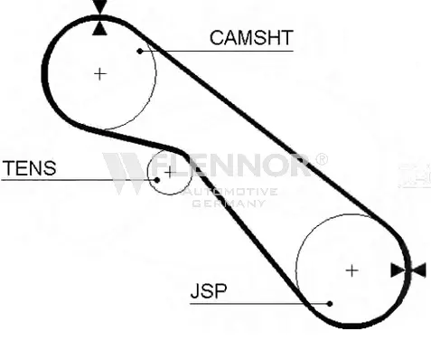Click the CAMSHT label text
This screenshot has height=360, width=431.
coord(251,38)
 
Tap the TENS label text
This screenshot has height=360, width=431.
coord(29,168)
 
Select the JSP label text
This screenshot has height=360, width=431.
coord(209,291)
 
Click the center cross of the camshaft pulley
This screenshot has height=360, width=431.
coord(100,74)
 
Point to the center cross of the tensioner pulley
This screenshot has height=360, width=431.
coord(170,173)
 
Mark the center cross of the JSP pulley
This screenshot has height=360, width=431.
coord(351,270)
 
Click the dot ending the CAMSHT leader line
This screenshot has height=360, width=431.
coord(140,52)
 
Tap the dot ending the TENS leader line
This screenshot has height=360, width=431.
coord(156,180)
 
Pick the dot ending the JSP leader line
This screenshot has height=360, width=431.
coord(330,304)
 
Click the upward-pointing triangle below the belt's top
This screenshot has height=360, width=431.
coord(99,29)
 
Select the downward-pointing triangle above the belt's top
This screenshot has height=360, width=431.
coord(100,6)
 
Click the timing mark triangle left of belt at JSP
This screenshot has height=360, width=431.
coord(398,270)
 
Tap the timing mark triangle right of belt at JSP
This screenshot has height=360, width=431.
coord(419,270)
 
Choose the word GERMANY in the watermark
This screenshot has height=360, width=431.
coord(229,204)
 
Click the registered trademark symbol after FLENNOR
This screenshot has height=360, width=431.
coord(321,159)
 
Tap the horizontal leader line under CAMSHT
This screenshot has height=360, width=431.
coord(217,52)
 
